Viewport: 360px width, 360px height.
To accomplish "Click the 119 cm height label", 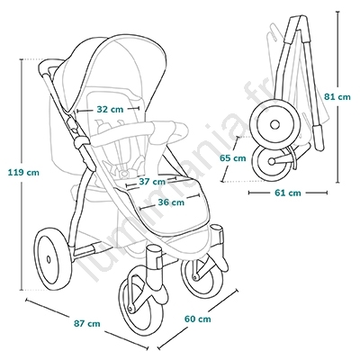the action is pos(23,173).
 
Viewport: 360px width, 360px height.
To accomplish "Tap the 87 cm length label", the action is pos(87,324).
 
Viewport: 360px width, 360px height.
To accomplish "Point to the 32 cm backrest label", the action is pos(110,110).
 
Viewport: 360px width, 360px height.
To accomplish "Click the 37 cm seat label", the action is pos(152,182).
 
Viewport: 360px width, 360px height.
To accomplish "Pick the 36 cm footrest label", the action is pos(171,202).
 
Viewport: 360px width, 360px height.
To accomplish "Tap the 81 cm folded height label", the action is pos(337,97).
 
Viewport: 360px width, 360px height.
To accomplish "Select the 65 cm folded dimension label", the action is pos(232,158).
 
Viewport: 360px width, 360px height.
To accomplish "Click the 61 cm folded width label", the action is pos(288,193).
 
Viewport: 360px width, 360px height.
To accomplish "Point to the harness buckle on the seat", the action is pos(123,173).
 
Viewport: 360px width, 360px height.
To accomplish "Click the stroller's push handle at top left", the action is pos(48,65).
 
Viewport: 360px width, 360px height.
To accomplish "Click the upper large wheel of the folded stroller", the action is pos(275,124).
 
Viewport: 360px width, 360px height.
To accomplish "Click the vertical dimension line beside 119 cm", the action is pos(22,175).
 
